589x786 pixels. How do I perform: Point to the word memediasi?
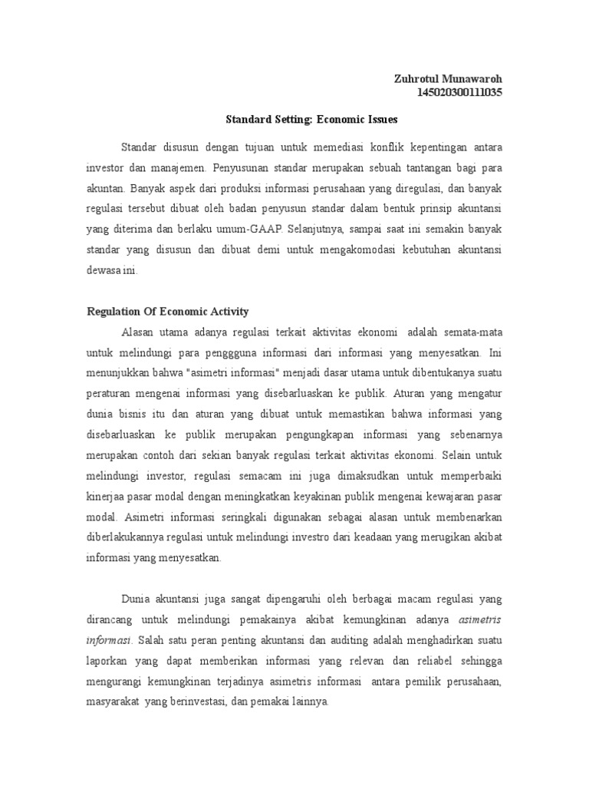point(334,146)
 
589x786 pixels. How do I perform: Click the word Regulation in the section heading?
point(113,311)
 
